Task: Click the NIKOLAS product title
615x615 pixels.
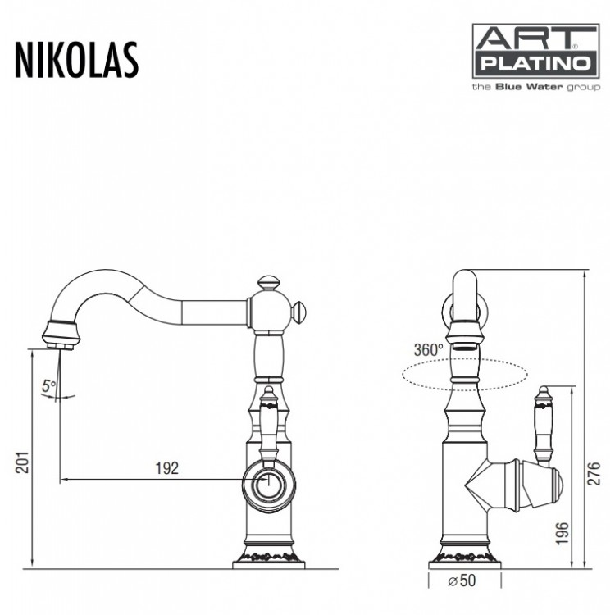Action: pos(76,59)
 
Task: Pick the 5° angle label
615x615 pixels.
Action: pos(51,384)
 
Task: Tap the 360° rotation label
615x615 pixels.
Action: pos(429,348)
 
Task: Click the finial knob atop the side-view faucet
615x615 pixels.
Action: pos(269,284)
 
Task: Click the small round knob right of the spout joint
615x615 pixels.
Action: pos(300,312)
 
